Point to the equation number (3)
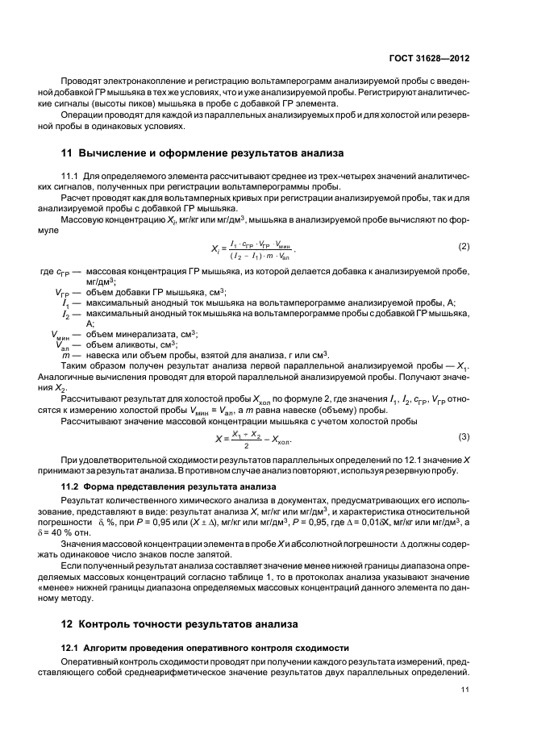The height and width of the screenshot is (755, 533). tap(464, 436)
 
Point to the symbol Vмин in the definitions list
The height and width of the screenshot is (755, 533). tap(61, 335)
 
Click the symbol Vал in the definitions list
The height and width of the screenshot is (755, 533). tap(63, 344)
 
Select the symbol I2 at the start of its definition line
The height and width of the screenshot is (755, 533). tap(65, 312)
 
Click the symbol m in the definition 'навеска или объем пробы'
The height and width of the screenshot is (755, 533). tap(64, 354)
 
